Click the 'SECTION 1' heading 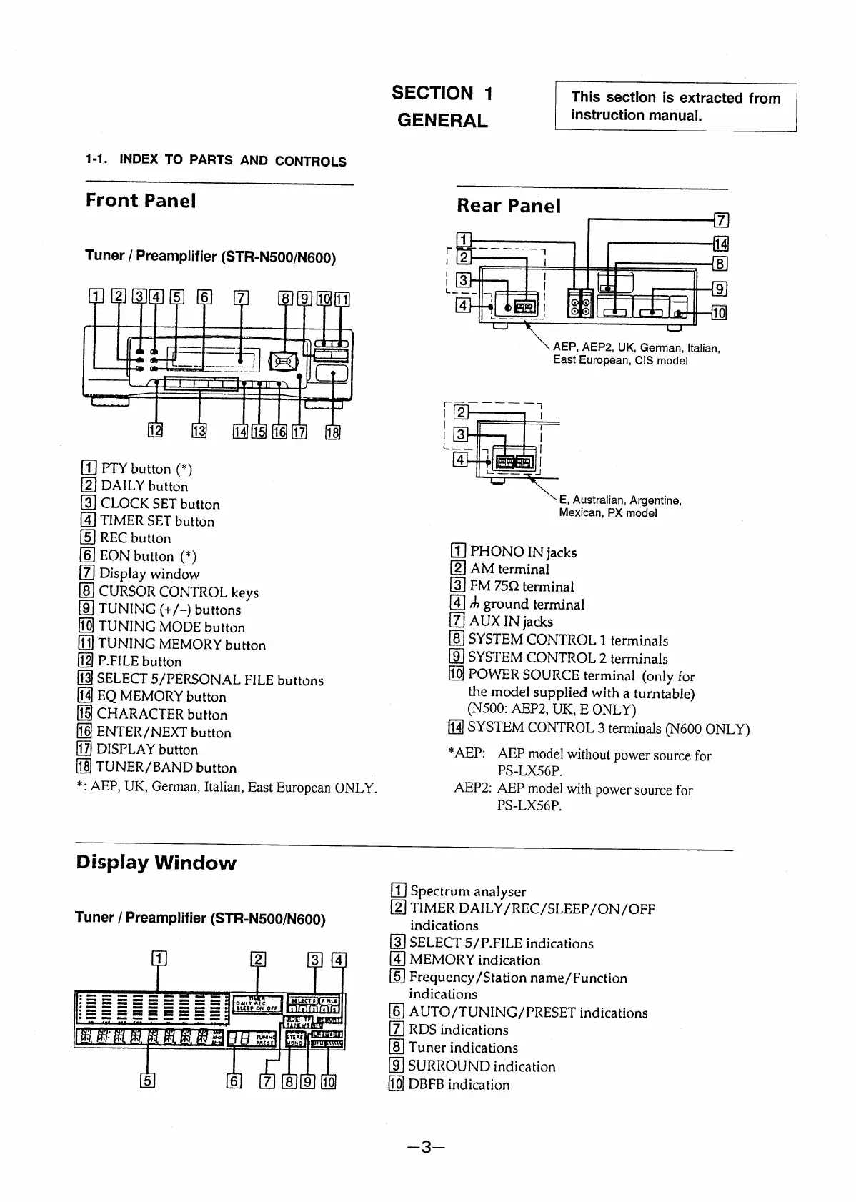pyautogui.click(x=442, y=94)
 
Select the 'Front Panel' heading pyautogui.click(x=141, y=200)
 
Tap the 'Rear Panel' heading pyautogui.click(x=509, y=206)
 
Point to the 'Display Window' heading pyautogui.click(x=156, y=863)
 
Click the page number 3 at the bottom pyautogui.click(x=426, y=1147)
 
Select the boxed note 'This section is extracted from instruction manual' pyautogui.click(x=675, y=106)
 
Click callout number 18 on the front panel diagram pyautogui.click(x=333, y=432)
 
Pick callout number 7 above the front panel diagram pyautogui.click(x=242, y=299)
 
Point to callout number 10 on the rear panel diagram pyautogui.click(x=719, y=312)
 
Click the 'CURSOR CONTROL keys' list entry pyautogui.click(x=178, y=592)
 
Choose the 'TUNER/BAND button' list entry pyautogui.click(x=166, y=768)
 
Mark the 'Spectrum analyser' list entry pyautogui.click(x=467, y=891)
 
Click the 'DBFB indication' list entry pyautogui.click(x=458, y=1085)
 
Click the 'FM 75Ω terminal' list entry pyautogui.click(x=521, y=587)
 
